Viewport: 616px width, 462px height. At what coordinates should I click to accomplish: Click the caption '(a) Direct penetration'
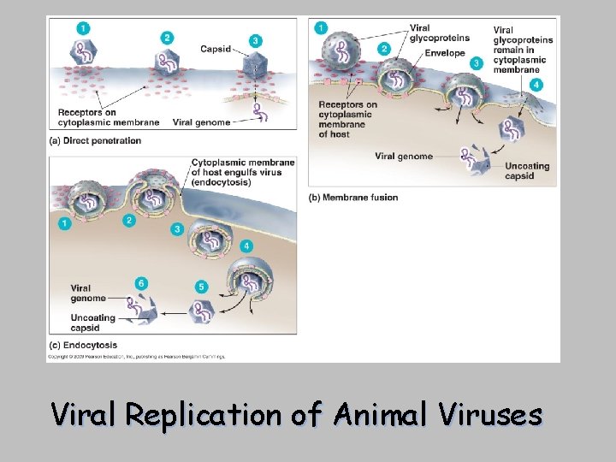coord(95,140)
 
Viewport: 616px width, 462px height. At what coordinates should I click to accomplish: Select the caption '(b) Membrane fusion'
coord(352,198)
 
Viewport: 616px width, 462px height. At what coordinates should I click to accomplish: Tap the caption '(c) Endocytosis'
coord(83,346)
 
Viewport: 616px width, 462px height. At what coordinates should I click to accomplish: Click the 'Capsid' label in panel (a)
coord(216,49)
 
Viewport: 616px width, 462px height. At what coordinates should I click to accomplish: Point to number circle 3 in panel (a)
coord(254,40)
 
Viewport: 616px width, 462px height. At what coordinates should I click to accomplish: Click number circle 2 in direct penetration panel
coord(166,37)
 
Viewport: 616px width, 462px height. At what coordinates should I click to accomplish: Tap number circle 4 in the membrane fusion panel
coord(536,85)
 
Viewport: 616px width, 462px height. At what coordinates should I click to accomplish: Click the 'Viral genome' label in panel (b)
coord(403,157)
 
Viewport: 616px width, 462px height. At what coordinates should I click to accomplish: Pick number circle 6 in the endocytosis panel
coord(141,283)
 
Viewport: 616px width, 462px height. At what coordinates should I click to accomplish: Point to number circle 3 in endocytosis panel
coord(177,228)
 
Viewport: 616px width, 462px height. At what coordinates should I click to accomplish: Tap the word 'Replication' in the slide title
coord(202,416)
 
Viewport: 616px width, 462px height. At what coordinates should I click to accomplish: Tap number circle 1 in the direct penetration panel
coord(82,28)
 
